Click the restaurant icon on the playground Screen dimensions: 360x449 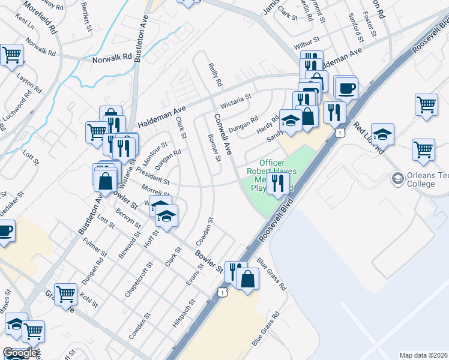point(277,182)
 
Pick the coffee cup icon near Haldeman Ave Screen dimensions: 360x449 point(347,88)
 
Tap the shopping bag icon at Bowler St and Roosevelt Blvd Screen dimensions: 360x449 point(247,279)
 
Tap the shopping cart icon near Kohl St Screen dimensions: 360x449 point(66,295)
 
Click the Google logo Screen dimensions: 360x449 point(20,353)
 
